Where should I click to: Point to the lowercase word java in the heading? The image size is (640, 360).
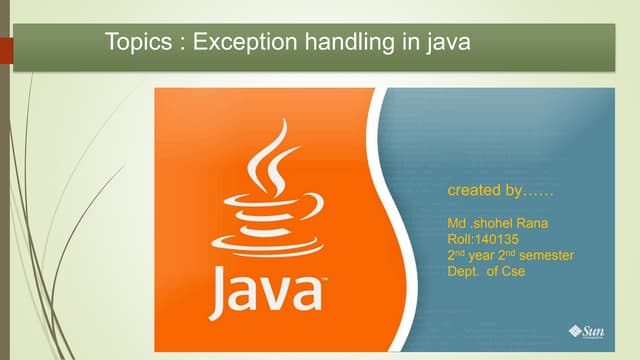(x=446, y=43)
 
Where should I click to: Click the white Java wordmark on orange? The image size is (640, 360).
(x=266, y=291)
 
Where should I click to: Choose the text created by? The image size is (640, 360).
(x=500, y=190)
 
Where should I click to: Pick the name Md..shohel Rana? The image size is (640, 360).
(x=496, y=223)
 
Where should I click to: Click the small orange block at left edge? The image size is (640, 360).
(x=6, y=48)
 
